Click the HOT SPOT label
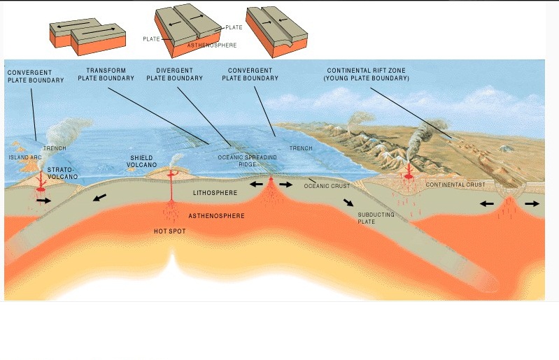point(170,231)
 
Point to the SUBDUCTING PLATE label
point(376,218)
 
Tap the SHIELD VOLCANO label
point(141,162)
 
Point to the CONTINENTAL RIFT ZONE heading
point(366,74)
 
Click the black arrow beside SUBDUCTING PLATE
point(348,203)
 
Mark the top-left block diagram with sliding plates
point(87,34)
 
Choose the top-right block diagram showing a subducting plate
point(277,32)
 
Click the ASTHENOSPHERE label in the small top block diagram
point(211,45)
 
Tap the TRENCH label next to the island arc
point(55,148)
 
